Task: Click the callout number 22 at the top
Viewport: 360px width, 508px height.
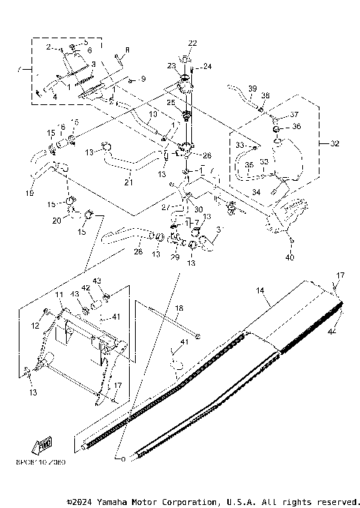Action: (x=193, y=42)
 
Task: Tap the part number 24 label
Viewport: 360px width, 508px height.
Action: (x=207, y=66)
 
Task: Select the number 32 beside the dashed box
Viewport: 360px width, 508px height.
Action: (x=334, y=143)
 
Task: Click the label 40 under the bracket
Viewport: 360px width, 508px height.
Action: (x=291, y=257)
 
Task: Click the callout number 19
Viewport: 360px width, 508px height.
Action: (x=30, y=194)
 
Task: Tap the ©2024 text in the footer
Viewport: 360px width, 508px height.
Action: (x=82, y=501)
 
